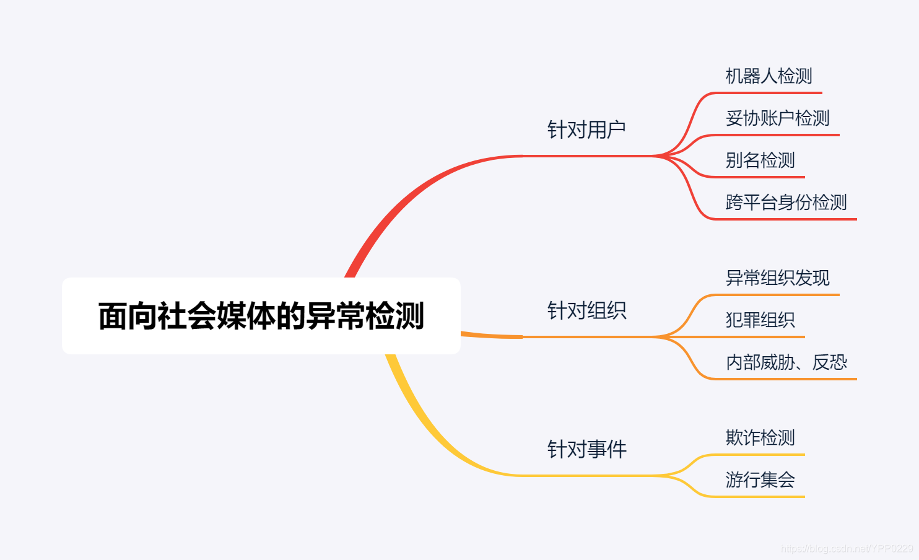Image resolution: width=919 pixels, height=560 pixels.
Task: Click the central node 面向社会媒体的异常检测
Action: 261,316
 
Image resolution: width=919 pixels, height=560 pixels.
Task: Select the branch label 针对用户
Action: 586,130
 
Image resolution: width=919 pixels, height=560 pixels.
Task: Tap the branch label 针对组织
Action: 586,310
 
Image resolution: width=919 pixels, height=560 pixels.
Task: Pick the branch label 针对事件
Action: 586,449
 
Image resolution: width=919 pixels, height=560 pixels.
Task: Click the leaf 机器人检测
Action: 769,76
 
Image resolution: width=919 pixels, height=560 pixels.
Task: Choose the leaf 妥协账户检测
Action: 777,118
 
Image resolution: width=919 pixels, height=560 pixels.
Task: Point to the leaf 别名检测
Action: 760,160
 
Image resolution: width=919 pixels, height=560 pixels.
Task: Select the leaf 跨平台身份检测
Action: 786,203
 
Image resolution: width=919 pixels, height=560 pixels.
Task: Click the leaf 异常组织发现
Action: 777,278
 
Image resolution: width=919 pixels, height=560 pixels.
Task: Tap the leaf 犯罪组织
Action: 760,320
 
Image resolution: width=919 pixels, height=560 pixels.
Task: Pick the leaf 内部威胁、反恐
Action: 786,362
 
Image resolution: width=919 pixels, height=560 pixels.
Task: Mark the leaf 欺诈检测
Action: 760,438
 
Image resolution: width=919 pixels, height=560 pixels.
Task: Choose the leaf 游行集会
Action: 760,480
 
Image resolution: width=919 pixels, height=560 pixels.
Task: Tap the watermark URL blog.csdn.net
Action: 847,549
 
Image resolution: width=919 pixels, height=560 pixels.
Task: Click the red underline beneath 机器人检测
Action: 768,93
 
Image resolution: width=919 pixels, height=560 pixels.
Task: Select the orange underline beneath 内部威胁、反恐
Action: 786,378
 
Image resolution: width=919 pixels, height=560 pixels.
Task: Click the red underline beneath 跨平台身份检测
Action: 786,219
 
